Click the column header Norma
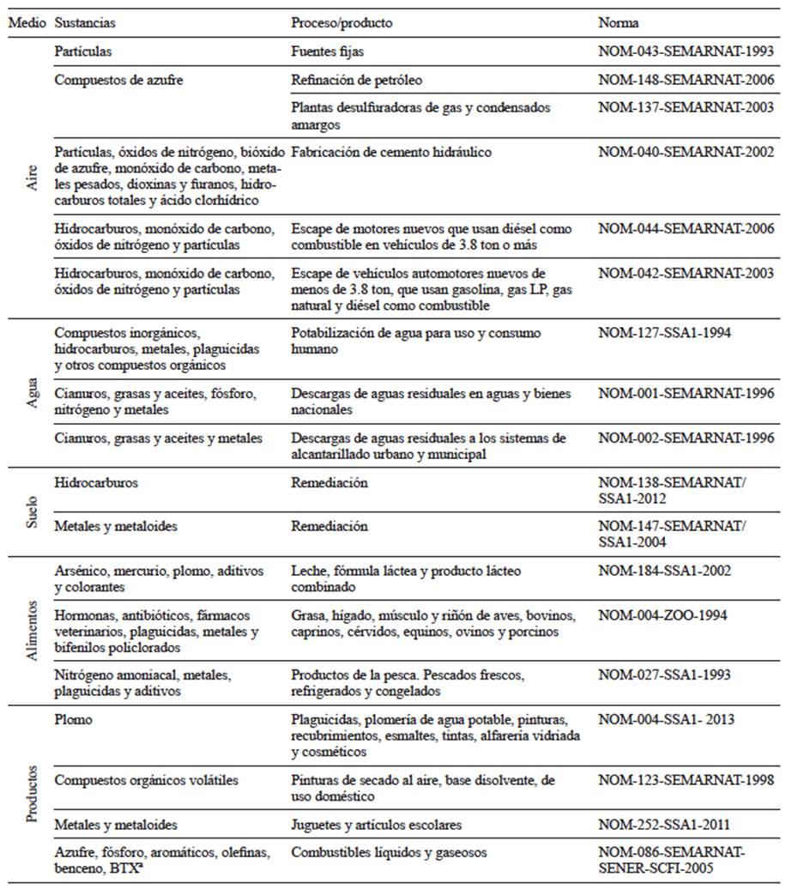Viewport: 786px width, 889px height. (618, 21)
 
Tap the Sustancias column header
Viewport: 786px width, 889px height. (85, 21)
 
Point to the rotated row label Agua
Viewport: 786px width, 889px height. (32, 393)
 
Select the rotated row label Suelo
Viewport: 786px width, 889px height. (32, 512)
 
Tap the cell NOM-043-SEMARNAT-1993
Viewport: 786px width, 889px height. (686, 51)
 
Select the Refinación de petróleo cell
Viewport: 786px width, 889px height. (356, 80)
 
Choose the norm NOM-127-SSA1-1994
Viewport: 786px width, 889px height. (664, 333)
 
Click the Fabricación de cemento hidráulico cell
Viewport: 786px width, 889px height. (391, 152)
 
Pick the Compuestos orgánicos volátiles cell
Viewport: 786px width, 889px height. (146, 780)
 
